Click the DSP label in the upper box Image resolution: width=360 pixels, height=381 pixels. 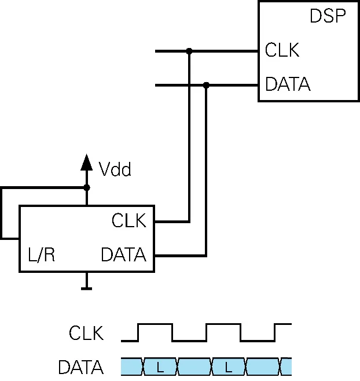coord(328,16)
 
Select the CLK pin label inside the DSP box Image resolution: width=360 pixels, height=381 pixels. coord(282,51)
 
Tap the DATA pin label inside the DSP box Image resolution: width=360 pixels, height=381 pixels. coord(288,85)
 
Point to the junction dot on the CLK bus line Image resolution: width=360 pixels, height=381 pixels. coord(189,51)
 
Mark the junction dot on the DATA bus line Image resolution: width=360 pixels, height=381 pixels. coord(206,85)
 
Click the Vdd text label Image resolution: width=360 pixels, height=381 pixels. coord(115,170)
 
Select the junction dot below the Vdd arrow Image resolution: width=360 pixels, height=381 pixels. coord(87,187)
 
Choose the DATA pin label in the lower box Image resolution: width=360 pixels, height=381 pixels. coord(123,255)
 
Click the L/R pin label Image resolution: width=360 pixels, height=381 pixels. coord(42,255)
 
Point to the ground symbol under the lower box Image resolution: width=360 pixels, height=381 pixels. coord(87,286)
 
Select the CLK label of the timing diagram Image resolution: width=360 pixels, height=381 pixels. coord(86,334)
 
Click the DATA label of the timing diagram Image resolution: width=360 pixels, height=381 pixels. coord(80,367)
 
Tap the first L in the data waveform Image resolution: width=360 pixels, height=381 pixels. coord(159,367)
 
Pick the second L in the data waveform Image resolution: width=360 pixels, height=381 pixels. coord(227,367)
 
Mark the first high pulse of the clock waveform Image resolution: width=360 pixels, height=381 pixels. coord(155,325)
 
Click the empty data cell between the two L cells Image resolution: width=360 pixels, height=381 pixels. coord(193,367)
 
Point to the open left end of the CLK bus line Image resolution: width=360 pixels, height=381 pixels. coord(157,51)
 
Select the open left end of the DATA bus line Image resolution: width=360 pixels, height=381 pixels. coord(157,85)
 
